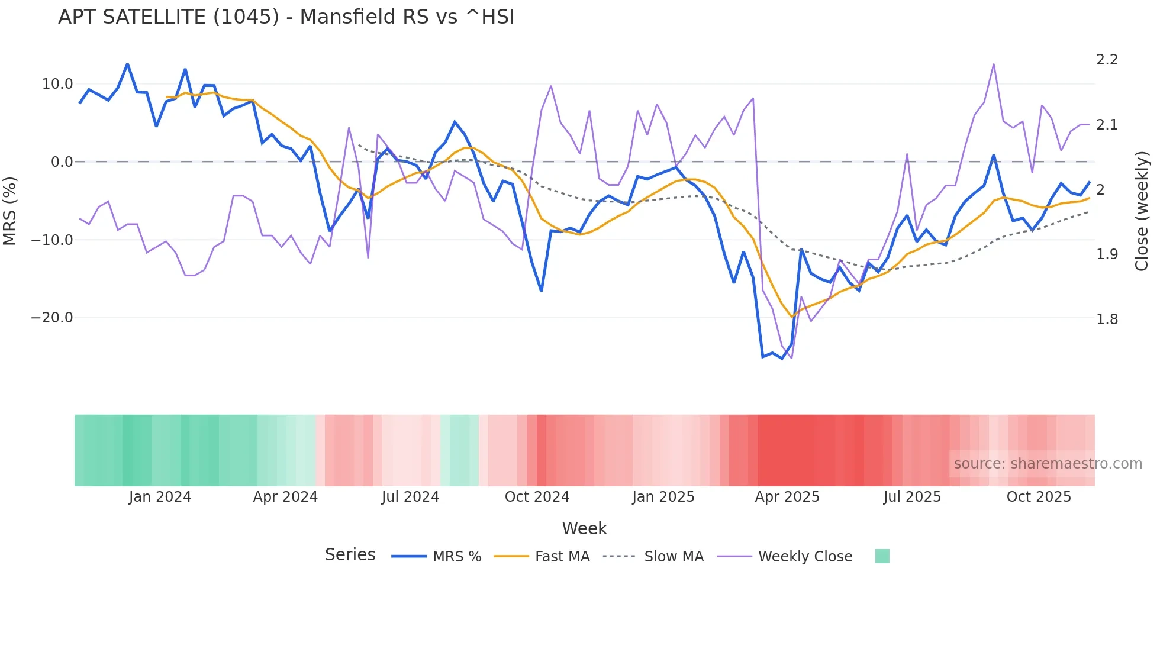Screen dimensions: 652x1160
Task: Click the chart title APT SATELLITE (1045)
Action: (x=286, y=17)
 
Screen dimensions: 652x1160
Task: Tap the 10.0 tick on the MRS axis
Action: (x=57, y=84)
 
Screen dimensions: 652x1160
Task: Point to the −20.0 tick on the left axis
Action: (x=52, y=318)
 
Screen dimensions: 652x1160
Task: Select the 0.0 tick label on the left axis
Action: (x=62, y=162)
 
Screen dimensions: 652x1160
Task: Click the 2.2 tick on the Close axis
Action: (x=1107, y=60)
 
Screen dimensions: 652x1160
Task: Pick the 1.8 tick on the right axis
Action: (x=1107, y=319)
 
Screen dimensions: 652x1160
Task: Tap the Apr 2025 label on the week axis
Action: (x=787, y=497)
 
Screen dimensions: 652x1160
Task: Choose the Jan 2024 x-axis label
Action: (x=160, y=497)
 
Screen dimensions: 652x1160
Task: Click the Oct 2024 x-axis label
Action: (x=537, y=497)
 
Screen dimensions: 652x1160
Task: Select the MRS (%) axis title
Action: (x=10, y=211)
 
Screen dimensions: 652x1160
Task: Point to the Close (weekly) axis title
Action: (x=1142, y=211)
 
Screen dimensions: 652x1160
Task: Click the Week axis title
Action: (x=584, y=528)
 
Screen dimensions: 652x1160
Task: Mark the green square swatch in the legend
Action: (x=882, y=556)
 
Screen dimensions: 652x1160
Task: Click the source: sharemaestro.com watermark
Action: (x=1048, y=464)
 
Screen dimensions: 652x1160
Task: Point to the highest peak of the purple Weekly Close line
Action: (x=994, y=64)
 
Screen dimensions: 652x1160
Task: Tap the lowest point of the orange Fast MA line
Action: (x=792, y=317)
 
